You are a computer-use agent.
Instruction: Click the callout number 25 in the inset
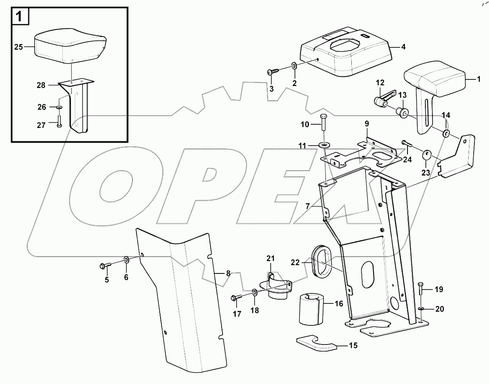[18, 47]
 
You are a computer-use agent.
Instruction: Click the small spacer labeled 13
[403, 112]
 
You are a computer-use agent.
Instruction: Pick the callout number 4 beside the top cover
[403, 47]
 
